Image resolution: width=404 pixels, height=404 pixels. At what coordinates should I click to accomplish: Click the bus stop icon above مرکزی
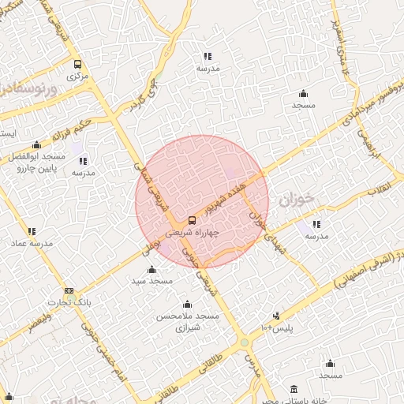click(x=77, y=64)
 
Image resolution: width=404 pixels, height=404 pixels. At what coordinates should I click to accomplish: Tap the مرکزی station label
click(x=77, y=77)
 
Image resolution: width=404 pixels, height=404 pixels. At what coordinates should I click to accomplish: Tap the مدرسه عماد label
click(x=32, y=244)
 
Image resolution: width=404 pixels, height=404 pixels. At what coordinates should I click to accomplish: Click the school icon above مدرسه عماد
click(x=32, y=231)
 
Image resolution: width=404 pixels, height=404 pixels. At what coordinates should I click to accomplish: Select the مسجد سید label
click(x=151, y=282)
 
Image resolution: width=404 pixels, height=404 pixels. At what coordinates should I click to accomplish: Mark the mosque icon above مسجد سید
click(x=151, y=270)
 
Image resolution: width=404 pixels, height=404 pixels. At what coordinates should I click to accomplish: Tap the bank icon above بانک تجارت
click(x=69, y=290)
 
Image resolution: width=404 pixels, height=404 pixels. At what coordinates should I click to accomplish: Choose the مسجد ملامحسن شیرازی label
click(x=188, y=320)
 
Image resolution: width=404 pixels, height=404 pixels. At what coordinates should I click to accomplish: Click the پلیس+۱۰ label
click(x=276, y=327)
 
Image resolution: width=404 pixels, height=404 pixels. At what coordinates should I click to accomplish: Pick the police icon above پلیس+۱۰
click(x=276, y=315)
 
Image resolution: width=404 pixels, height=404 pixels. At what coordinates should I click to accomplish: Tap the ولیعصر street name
click(x=32, y=324)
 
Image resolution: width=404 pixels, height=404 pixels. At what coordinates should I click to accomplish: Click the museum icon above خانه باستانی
click(x=294, y=390)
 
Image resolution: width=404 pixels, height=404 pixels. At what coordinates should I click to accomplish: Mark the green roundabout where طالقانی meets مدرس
click(x=245, y=342)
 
